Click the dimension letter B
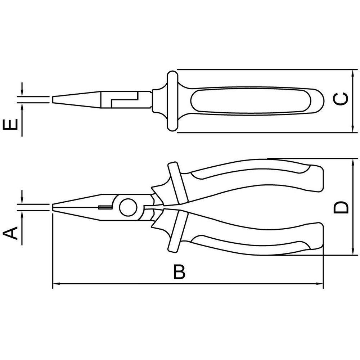179,273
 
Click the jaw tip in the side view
54,207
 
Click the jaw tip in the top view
54,100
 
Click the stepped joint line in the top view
124,100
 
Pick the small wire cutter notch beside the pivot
104,207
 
